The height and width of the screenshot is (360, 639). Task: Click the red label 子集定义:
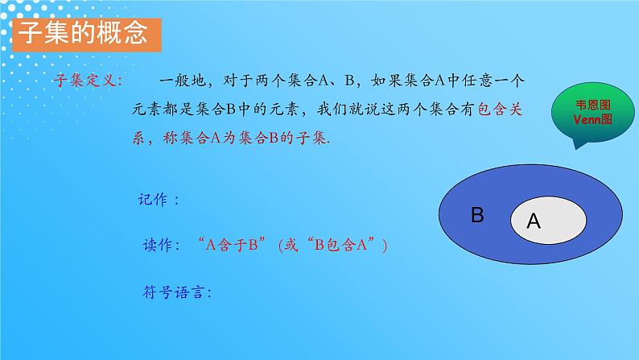88,81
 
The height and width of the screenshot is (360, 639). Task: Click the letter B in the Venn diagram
477,215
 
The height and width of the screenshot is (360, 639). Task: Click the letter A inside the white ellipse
533,223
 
